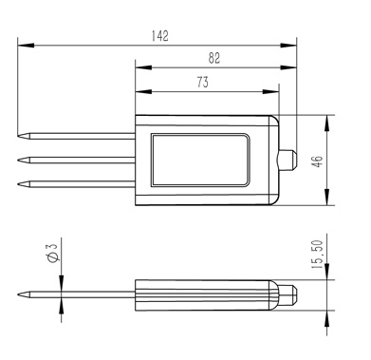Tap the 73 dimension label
tap(202, 83)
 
